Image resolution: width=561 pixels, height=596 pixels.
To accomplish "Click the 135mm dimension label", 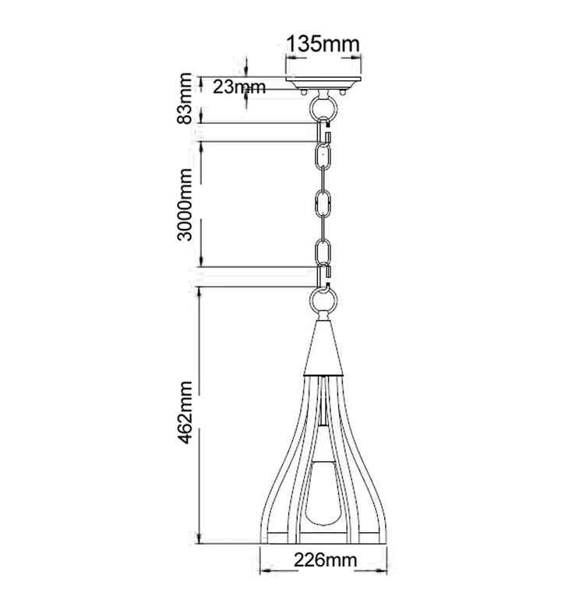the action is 323,44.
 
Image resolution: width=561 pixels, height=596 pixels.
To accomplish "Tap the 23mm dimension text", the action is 238,87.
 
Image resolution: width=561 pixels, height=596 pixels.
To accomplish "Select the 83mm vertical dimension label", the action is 185,98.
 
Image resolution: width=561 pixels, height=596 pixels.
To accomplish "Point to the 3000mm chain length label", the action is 185,204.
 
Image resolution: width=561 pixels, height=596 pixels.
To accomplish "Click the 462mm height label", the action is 185,412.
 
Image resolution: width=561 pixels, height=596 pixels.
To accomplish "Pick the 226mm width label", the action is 325,560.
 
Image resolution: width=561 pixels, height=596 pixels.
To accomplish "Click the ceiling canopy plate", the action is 323,83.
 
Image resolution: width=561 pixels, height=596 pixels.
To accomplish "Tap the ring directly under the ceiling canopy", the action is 323,108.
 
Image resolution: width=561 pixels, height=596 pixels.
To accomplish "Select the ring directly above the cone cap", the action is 323,302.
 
